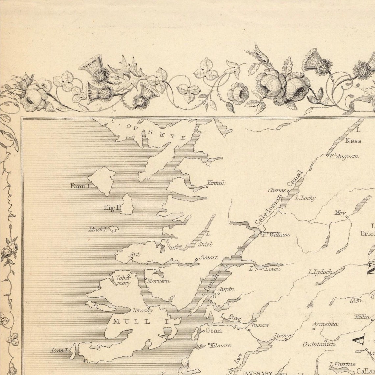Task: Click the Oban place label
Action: coord(214,331)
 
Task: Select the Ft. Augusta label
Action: coord(344,157)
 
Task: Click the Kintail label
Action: coord(216,183)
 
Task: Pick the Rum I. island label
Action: coord(80,186)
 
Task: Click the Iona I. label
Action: coord(60,350)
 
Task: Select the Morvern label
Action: coord(159,281)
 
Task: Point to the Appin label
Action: coord(226,289)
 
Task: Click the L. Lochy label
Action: coord(305,198)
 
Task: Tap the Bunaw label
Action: coord(260,325)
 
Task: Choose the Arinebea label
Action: coord(325,324)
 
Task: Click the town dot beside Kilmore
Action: coord(209,345)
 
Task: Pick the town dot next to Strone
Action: coord(286,339)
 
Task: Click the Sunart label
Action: coord(208,258)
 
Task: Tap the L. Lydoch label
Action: coord(320,272)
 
